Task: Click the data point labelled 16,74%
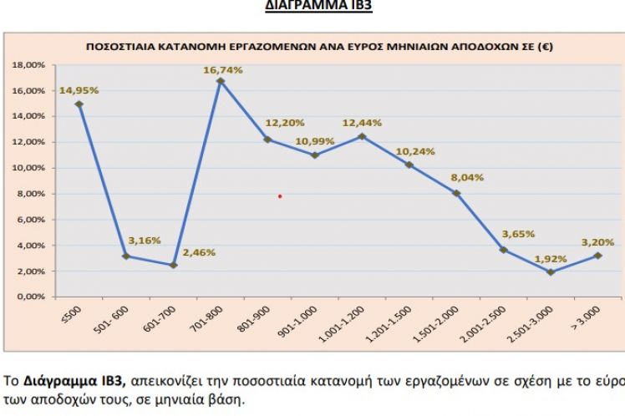tap(220, 81)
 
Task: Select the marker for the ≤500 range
tap(79, 104)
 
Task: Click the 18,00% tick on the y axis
tap(29, 64)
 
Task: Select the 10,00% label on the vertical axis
tap(29, 168)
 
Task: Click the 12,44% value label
tap(364, 123)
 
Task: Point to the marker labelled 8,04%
tap(456, 193)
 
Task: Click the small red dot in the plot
tap(280, 196)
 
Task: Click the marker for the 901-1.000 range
tap(314, 155)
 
